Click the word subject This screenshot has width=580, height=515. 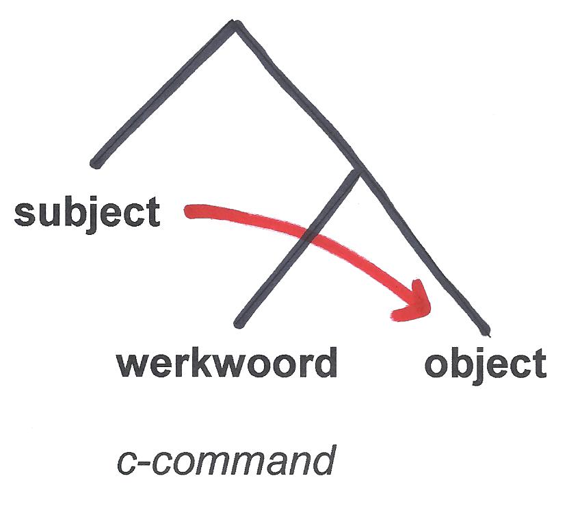[x=87, y=213]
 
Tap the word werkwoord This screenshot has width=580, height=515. [x=227, y=363]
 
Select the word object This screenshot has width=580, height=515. [x=485, y=364]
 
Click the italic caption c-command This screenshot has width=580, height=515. [x=225, y=461]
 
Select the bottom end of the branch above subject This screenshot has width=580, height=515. [x=96, y=163]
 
